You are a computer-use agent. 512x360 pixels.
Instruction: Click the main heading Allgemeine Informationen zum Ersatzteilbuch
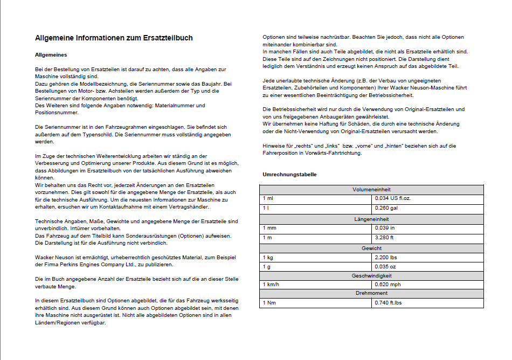(114, 38)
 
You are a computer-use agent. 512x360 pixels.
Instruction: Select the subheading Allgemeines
(51, 55)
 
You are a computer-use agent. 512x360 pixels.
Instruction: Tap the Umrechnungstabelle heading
(289, 175)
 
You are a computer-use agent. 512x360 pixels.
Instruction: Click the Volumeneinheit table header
(371, 190)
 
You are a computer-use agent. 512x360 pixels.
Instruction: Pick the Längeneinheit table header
(371, 219)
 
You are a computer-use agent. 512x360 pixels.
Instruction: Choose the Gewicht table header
(371, 248)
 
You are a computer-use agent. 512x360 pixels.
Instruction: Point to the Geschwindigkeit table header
(371, 275)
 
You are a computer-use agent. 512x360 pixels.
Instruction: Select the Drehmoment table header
(371, 294)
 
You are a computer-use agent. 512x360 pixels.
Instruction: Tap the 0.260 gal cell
(386, 208)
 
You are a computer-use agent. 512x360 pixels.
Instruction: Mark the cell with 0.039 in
(385, 228)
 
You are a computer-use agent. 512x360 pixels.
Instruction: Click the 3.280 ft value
(385, 238)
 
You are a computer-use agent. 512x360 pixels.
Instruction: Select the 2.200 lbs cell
(386, 258)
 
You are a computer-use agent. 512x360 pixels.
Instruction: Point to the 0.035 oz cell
(385, 267)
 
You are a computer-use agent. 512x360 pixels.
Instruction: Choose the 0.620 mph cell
(388, 285)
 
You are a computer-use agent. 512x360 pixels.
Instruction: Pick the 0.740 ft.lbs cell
(389, 303)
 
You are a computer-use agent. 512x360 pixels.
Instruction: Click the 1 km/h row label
(271, 285)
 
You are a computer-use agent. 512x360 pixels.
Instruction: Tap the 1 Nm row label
(268, 303)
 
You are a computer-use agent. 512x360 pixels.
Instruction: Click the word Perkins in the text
(68, 265)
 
